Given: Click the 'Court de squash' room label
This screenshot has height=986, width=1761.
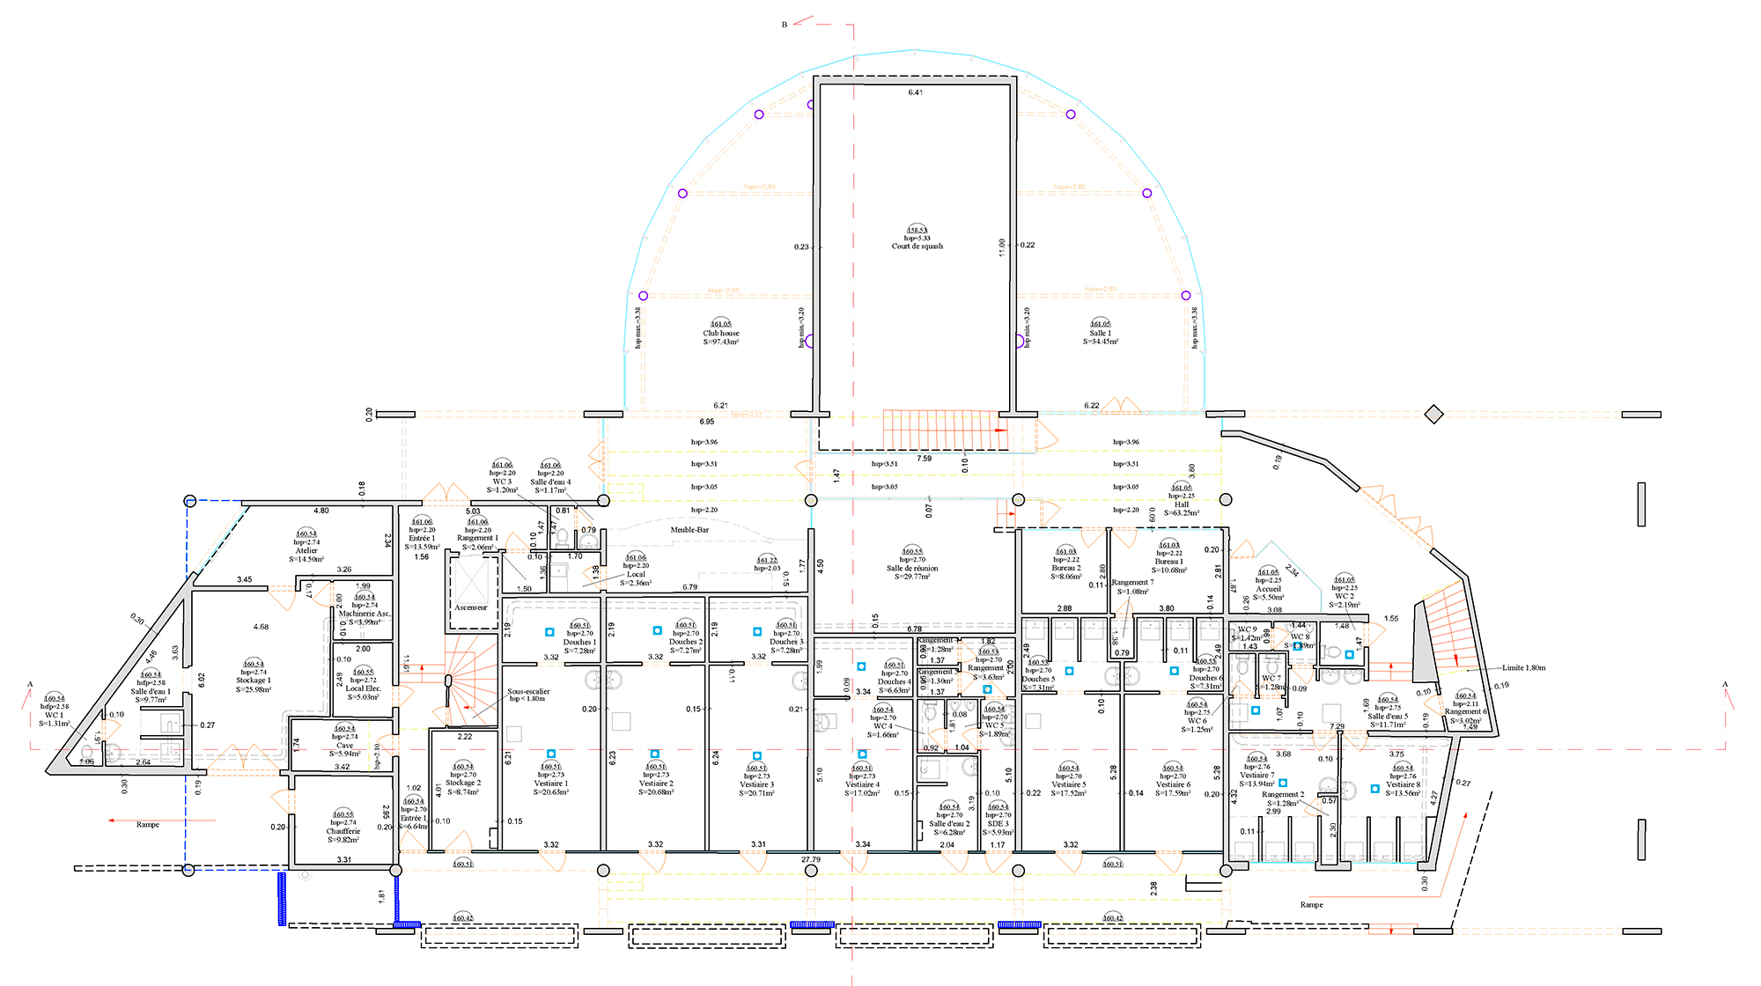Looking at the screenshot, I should click(917, 246).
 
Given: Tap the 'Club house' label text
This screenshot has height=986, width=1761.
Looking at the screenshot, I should click(720, 334).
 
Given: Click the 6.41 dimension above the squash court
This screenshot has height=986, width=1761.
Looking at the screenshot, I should click(916, 92).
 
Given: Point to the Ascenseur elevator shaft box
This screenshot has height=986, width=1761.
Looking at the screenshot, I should click(471, 586).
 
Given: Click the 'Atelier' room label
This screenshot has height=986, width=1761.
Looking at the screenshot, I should click(306, 551).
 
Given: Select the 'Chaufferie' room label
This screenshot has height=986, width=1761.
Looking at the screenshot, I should click(343, 831).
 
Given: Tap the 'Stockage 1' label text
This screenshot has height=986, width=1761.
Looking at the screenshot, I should click(254, 681).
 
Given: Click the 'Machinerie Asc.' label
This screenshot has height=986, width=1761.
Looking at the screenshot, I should click(364, 614).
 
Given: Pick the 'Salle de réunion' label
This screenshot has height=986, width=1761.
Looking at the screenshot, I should click(912, 569).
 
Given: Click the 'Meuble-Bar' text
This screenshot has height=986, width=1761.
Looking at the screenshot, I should click(689, 530).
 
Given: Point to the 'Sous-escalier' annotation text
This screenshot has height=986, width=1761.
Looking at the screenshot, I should click(528, 691).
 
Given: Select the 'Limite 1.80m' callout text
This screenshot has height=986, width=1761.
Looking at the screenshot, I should click(1523, 668).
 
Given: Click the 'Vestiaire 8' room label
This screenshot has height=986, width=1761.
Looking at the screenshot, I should click(1404, 784).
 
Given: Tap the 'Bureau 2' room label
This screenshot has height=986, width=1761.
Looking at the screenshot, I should click(1065, 568).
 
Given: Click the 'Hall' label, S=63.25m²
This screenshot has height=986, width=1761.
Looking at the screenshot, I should click(1182, 504).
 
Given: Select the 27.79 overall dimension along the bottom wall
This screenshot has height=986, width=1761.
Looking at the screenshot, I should click(810, 859).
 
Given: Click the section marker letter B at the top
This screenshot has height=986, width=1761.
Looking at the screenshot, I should click(784, 25).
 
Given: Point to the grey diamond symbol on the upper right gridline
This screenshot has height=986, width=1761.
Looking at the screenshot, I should click(1433, 414).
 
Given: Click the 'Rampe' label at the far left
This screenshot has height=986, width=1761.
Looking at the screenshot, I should click(148, 825).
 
